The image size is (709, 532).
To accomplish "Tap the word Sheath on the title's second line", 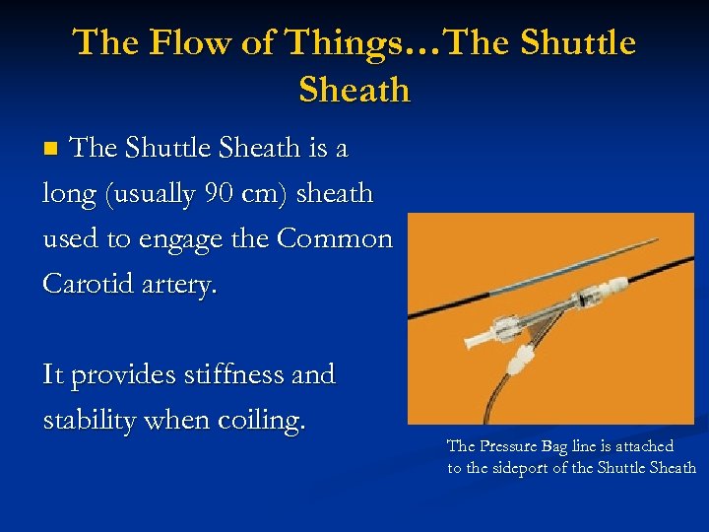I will click(354, 90).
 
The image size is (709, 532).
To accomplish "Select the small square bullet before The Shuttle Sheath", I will click(54, 149).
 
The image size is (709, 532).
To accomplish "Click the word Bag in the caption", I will click(562, 446).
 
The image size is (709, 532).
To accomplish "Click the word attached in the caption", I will click(644, 446).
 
